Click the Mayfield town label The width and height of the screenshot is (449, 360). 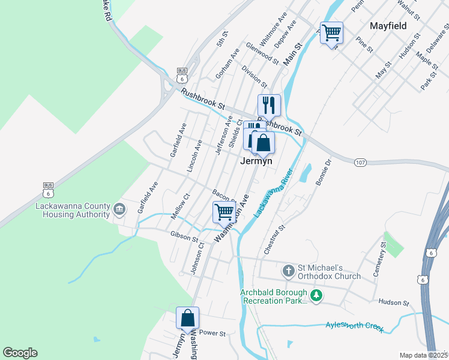388,26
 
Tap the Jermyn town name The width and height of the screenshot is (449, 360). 256,161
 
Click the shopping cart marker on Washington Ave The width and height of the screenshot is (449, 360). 224,211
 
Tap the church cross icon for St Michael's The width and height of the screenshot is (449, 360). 288,271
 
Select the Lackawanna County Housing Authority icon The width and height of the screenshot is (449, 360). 119,209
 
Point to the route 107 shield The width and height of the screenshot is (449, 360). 360,162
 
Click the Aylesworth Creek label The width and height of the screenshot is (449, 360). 354,326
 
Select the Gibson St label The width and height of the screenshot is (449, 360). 184,237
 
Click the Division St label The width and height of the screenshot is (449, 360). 255,75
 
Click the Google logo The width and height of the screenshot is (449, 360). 20,353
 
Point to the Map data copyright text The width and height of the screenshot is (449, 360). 423,355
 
